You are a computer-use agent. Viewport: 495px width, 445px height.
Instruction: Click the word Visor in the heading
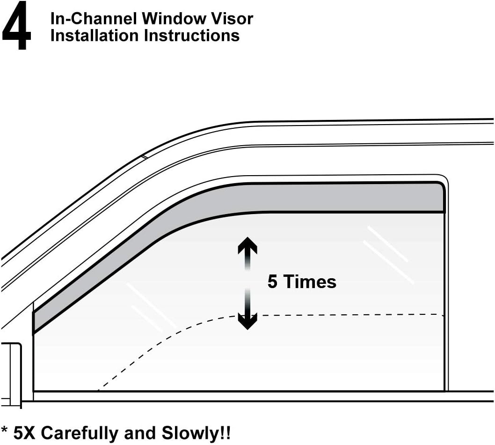[x=234, y=19]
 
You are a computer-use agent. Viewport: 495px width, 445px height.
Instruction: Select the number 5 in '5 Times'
[x=272, y=282]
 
